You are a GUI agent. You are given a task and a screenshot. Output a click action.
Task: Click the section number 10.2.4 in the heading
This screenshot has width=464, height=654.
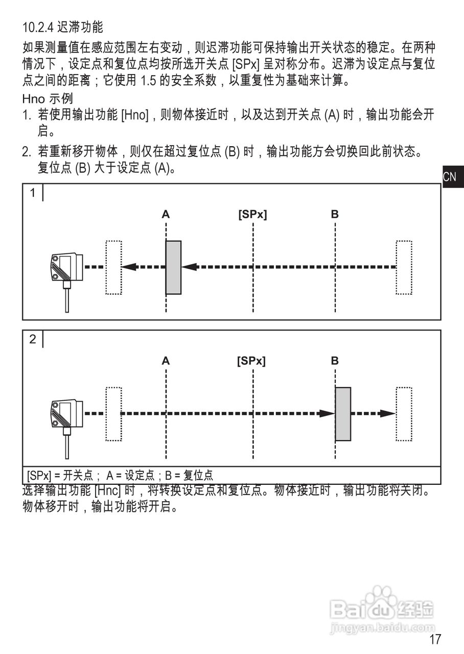(38, 28)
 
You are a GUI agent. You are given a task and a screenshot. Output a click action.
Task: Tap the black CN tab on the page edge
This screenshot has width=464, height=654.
(453, 177)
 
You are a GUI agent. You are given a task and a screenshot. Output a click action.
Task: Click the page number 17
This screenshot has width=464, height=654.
(435, 639)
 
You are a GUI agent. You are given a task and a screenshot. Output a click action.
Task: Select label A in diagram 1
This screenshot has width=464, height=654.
(166, 214)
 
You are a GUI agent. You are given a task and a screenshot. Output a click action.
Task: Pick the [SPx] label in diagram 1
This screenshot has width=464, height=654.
(252, 214)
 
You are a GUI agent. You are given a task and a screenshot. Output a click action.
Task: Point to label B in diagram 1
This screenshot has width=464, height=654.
(335, 214)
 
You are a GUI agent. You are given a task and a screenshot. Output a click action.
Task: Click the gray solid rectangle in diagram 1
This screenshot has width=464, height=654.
(173, 267)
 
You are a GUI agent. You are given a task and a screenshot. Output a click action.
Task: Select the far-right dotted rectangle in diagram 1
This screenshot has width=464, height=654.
(404, 267)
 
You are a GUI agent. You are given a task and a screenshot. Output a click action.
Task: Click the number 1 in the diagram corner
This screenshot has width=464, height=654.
(33, 193)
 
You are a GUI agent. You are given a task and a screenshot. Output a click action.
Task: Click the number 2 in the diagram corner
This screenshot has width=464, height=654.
(33, 339)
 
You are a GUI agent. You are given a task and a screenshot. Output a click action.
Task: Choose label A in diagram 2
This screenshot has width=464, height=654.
(166, 361)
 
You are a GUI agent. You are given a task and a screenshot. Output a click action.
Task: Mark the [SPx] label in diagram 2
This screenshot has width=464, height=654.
(251, 361)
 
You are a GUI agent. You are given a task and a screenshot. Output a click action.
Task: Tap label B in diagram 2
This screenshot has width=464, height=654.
(335, 361)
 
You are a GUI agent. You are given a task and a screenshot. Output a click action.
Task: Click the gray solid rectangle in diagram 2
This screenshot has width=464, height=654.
(343, 414)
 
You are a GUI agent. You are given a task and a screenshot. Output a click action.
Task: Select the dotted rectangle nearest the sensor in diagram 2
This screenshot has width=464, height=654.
(113, 414)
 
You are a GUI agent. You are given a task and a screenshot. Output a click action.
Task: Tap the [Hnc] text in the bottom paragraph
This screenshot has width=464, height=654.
(107, 490)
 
